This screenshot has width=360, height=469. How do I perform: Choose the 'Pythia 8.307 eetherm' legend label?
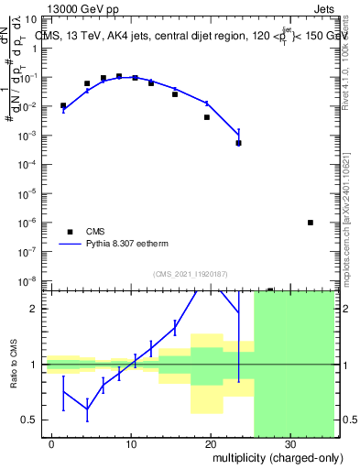click(129, 245)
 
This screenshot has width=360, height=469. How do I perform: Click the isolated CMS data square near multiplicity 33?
click(311, 223)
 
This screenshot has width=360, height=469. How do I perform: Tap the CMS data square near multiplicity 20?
click(207, 117)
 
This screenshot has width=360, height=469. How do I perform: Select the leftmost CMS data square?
click(63, 105)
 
